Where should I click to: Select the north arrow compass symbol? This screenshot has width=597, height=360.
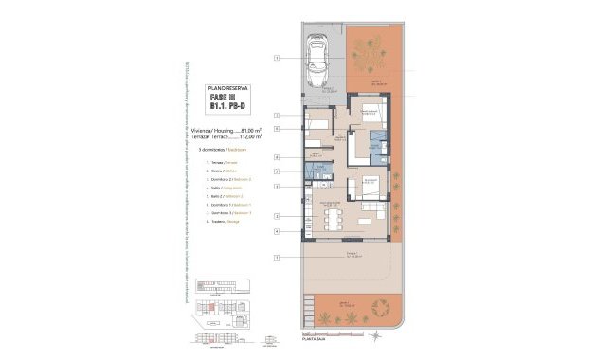tap(378, 335)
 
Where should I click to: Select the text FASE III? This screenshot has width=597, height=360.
tap(225, 97)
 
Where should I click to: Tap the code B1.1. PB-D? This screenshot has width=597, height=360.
tap(225, 107)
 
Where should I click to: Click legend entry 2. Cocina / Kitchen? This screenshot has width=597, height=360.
tap(224, 170)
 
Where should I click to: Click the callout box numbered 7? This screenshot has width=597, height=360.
tap(277, 116)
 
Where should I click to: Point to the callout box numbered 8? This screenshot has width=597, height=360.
tap(277, 156)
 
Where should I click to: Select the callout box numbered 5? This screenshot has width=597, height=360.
tap(277, 171)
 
